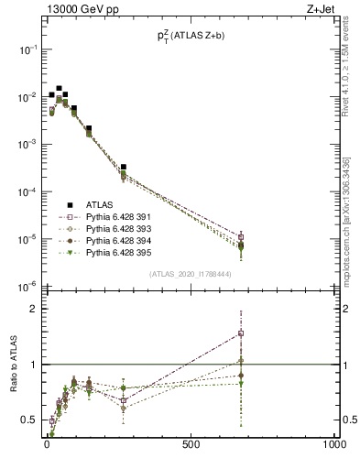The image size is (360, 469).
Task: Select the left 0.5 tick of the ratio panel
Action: click(27, 420)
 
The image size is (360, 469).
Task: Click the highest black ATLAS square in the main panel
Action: click(60, 89)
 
